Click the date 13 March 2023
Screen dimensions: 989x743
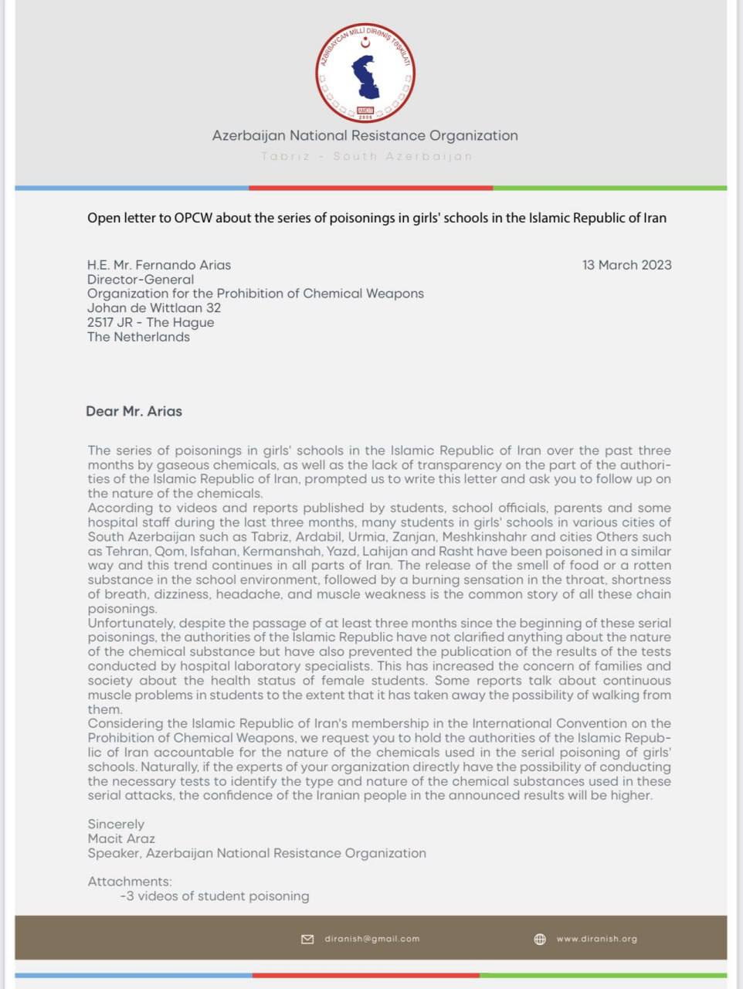click(x=626, y=265)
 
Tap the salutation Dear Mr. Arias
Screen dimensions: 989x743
click(x=134, y=411)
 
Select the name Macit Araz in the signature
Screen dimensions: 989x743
click(x=121, y=838)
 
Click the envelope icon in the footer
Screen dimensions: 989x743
click(x=307, y=939)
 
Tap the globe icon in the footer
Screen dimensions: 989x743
click(x=540, y=939)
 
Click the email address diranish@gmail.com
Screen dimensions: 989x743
click(x=371, y=939)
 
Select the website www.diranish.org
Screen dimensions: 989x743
click(x=596, y=939)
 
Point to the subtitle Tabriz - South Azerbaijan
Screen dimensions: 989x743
click(x=366, y=156)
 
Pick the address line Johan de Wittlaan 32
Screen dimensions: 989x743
click(x=154, y=308)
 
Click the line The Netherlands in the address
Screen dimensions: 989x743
click(x=138, y=337)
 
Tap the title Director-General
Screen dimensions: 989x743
click(x=141, y=280)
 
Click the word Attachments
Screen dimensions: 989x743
click(x=130, y=882)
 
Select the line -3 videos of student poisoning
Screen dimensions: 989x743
click(x=215, y=896)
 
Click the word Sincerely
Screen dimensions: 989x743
click(x=116, y=824)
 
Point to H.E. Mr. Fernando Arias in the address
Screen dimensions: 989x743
click(x=159, y=265)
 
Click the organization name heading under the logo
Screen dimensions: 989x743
click(x=365, y=136)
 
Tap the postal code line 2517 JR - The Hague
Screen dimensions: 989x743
click(x=151, y=322)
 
